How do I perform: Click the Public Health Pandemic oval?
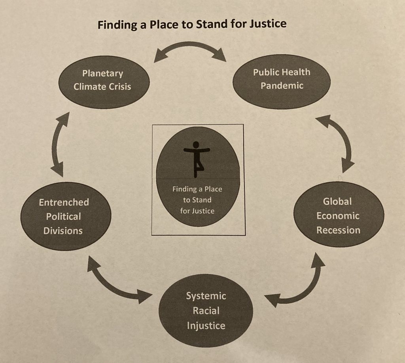pyautogui.click(x=281, y=81)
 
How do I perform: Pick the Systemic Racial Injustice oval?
pyautogui.click(x=206, y=310)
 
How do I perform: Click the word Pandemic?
pyautogui.click(x=282, y=86)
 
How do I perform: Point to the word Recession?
pyautogui.click(x=338, y=230)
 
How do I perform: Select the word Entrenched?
pyautogui.click(x=64, y=202)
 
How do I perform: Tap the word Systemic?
pyautogui.click(x=206, y=296)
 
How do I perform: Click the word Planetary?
pyautogui.click(x=103, y=73)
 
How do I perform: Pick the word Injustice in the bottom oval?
pyautogui.click(x=206, y=325)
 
